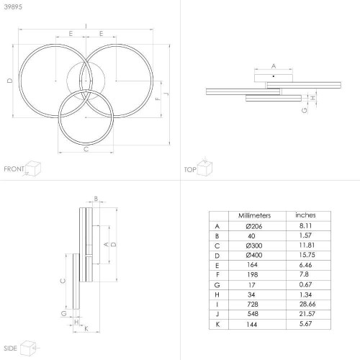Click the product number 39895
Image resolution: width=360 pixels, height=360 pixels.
click(x=13, y=6)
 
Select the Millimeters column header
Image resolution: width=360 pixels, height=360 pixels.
click(x=254, y=215)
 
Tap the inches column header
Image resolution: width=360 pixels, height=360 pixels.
click(x=305, y=215)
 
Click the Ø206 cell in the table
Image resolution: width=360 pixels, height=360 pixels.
click(x=254, y=226)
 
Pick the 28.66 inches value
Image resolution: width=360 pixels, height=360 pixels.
click(x=307, y=304)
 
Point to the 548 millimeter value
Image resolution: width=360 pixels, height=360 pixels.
click(x=253, y=314)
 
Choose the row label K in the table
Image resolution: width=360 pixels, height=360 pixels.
click(x=217, y=324)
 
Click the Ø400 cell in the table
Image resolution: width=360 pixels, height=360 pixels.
click(x=254, y=255)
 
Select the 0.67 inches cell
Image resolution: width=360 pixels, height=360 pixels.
click(x=305, y=284)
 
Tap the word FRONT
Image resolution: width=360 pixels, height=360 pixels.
click(x=14, y=169)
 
